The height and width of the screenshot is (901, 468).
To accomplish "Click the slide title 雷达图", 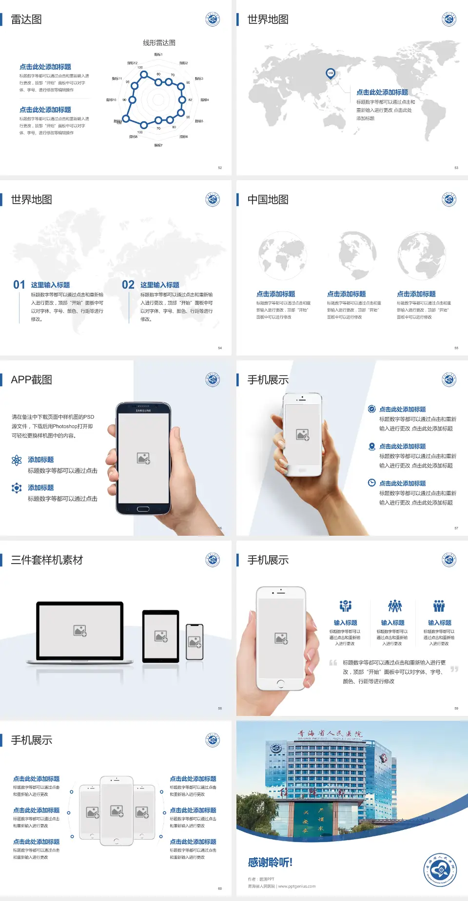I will click(26, 19).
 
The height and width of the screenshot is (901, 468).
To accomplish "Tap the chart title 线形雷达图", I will click(159, 43).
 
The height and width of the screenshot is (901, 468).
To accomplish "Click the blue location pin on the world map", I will click(331, 74).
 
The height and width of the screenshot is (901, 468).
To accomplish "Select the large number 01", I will click(19, 285).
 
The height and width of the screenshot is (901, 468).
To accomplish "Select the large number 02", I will click(128, 285).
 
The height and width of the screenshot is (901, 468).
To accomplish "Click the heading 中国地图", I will click(268, 200).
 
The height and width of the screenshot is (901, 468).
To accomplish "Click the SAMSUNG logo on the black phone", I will click(143, 411).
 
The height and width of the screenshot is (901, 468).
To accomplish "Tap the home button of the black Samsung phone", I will click(143, 509).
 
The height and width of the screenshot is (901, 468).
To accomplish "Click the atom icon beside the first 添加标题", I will click(17, 460).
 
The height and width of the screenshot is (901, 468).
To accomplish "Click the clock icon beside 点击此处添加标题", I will click(371, 483).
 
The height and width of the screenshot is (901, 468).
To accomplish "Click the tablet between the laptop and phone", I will click(161, 636).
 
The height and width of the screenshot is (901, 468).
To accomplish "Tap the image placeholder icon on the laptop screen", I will click(80, 631).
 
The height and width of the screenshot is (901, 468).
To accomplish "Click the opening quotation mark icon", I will click(333, 663).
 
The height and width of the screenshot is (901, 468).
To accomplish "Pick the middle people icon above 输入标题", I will click(394, 606).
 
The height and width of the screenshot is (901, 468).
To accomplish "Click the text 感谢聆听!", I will click(270, 863).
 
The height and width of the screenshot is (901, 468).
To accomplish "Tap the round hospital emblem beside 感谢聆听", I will click(440, 869).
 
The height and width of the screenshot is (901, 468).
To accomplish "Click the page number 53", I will click(456, 168).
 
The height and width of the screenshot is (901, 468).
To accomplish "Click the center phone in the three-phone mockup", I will click(117, 810).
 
